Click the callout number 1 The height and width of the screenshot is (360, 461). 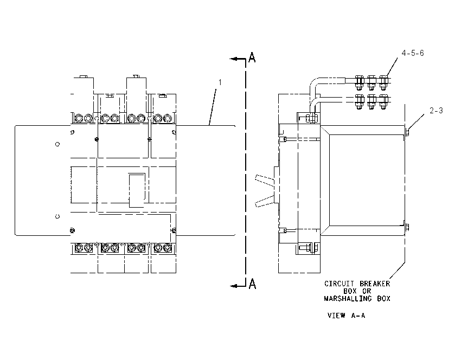click(x=220, y=82)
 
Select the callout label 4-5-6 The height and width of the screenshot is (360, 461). click(x=413, y=53)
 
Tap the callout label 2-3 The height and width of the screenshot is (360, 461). click(x=436, y=111)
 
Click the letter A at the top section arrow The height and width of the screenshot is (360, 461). click(x=252, y=57)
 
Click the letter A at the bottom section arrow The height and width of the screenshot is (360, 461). click(x=252, y=284)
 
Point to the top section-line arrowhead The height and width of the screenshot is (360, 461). click(x=234, y=59)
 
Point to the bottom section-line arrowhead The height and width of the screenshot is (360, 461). click(x=234, y=286)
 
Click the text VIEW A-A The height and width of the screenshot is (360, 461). click(x=347, y=316)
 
